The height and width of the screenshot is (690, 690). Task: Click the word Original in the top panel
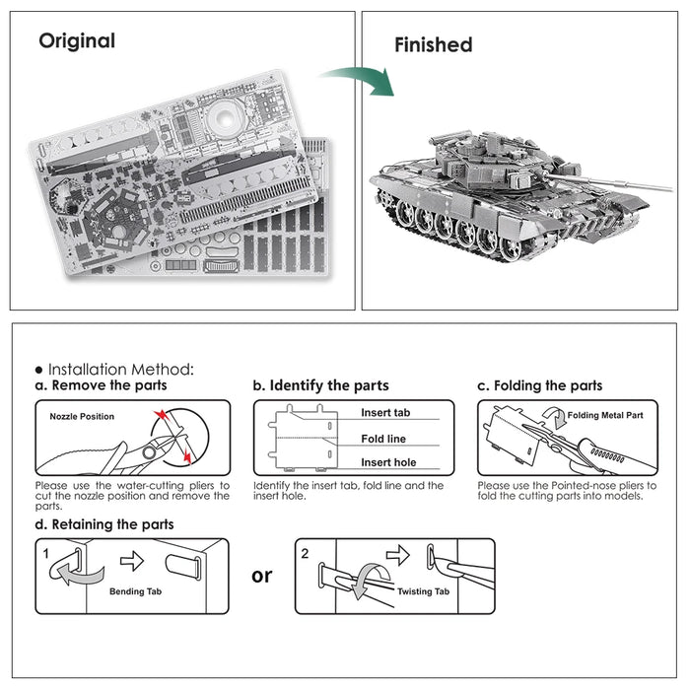click(x=77, y=41)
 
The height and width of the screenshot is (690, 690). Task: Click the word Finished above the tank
click(x=433, y=44)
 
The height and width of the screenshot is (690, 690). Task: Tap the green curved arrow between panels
click(x=360, y=79)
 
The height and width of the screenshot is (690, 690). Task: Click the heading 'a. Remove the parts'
click(x=102, y=385)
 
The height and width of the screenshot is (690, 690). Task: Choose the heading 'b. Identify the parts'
click(x=320, y=385)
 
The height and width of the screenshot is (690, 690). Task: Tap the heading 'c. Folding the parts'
click(x=539, y=385)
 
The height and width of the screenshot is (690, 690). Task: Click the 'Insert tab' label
click(x=385, y=413)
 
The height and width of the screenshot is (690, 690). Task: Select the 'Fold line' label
click(x=383, y=439)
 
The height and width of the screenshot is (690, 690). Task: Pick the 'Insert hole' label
click(x=387, y=462)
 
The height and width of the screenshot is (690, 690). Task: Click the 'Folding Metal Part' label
click(x=605, y=416)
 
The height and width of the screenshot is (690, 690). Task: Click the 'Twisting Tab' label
click(x=423, y=591)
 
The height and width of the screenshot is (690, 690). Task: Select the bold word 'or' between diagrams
click(x=262, y=575)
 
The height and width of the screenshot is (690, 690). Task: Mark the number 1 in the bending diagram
click(x=46, y=554)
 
